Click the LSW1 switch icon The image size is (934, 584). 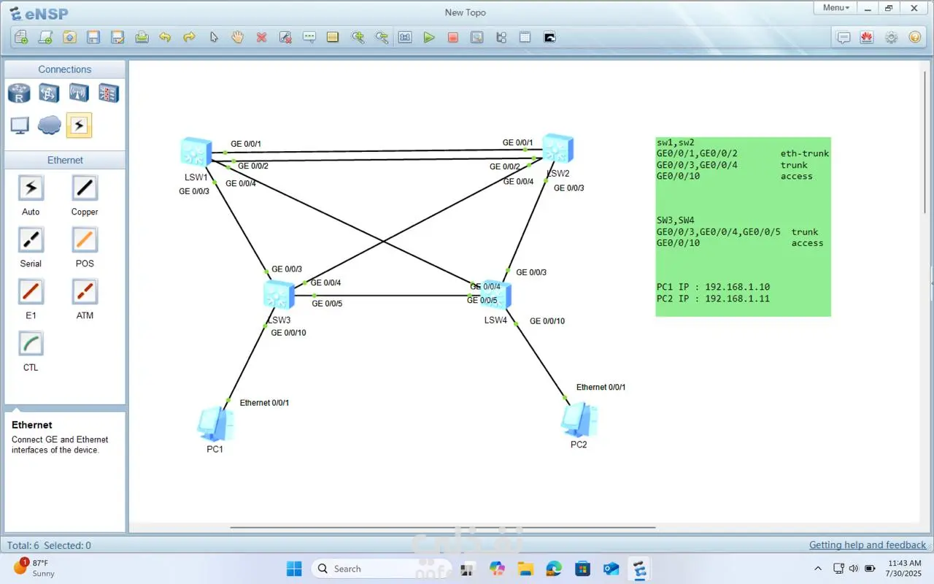click(196, 152)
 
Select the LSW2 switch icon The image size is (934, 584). click(557, 148)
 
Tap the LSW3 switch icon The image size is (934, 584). click(278, 295)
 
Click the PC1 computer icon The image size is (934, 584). click(215, 423)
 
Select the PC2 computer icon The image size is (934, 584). click(579, 420)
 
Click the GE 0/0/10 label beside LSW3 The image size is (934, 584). click(288, 333)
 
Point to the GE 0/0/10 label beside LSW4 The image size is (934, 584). click(547, 321)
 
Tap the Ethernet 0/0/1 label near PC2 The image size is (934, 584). click(601, 387)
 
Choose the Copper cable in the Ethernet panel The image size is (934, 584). click(85, 188)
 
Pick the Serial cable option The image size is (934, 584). click(31, 240)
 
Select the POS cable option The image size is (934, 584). click(85, 240)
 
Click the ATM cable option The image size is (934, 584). click(85, 292)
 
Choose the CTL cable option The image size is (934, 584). click(31, 344)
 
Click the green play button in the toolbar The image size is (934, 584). click(429, 37)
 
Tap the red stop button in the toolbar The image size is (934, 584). click(453, 37)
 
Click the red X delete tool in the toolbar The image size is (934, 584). click(261, 37)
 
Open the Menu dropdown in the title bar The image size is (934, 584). click(835, 8)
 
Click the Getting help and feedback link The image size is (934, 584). click(868, 545)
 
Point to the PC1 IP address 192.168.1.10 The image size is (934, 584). click(737, 287)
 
